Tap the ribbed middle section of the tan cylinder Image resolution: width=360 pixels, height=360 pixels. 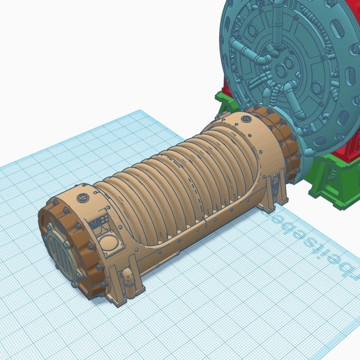pyautogui.click(x=181, y=181)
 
